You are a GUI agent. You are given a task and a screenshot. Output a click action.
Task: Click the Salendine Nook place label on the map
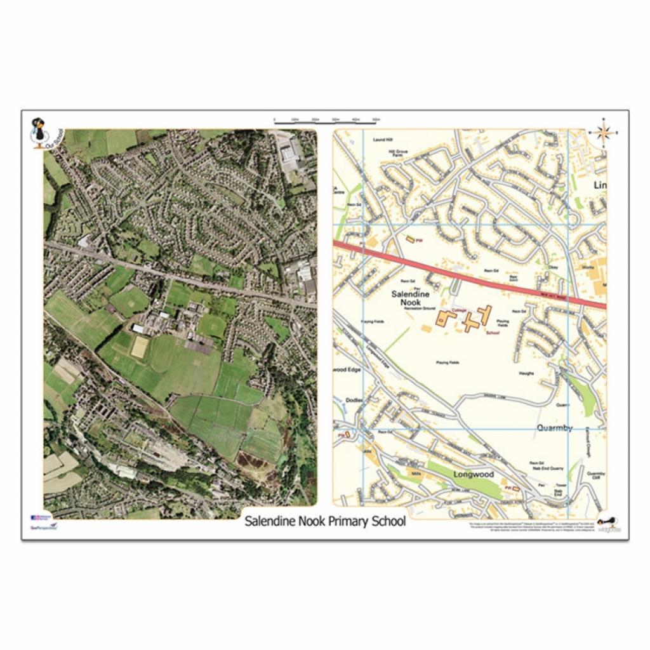pos(410,298)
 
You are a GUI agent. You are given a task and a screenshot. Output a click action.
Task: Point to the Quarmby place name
pos(554,428)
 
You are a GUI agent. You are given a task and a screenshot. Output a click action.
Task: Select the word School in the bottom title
pos(383,522)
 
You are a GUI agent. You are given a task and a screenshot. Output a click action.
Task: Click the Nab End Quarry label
pos(547,470)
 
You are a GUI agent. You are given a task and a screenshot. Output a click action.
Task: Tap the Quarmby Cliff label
pos(596,476)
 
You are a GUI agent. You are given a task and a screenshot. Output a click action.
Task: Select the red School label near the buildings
pos(491,332)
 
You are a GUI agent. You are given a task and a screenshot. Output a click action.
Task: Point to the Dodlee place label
pos(353,400)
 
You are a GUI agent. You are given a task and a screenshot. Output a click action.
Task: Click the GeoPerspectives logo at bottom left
pos(43,523)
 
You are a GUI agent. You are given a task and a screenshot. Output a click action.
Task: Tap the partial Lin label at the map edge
pos(599,185)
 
